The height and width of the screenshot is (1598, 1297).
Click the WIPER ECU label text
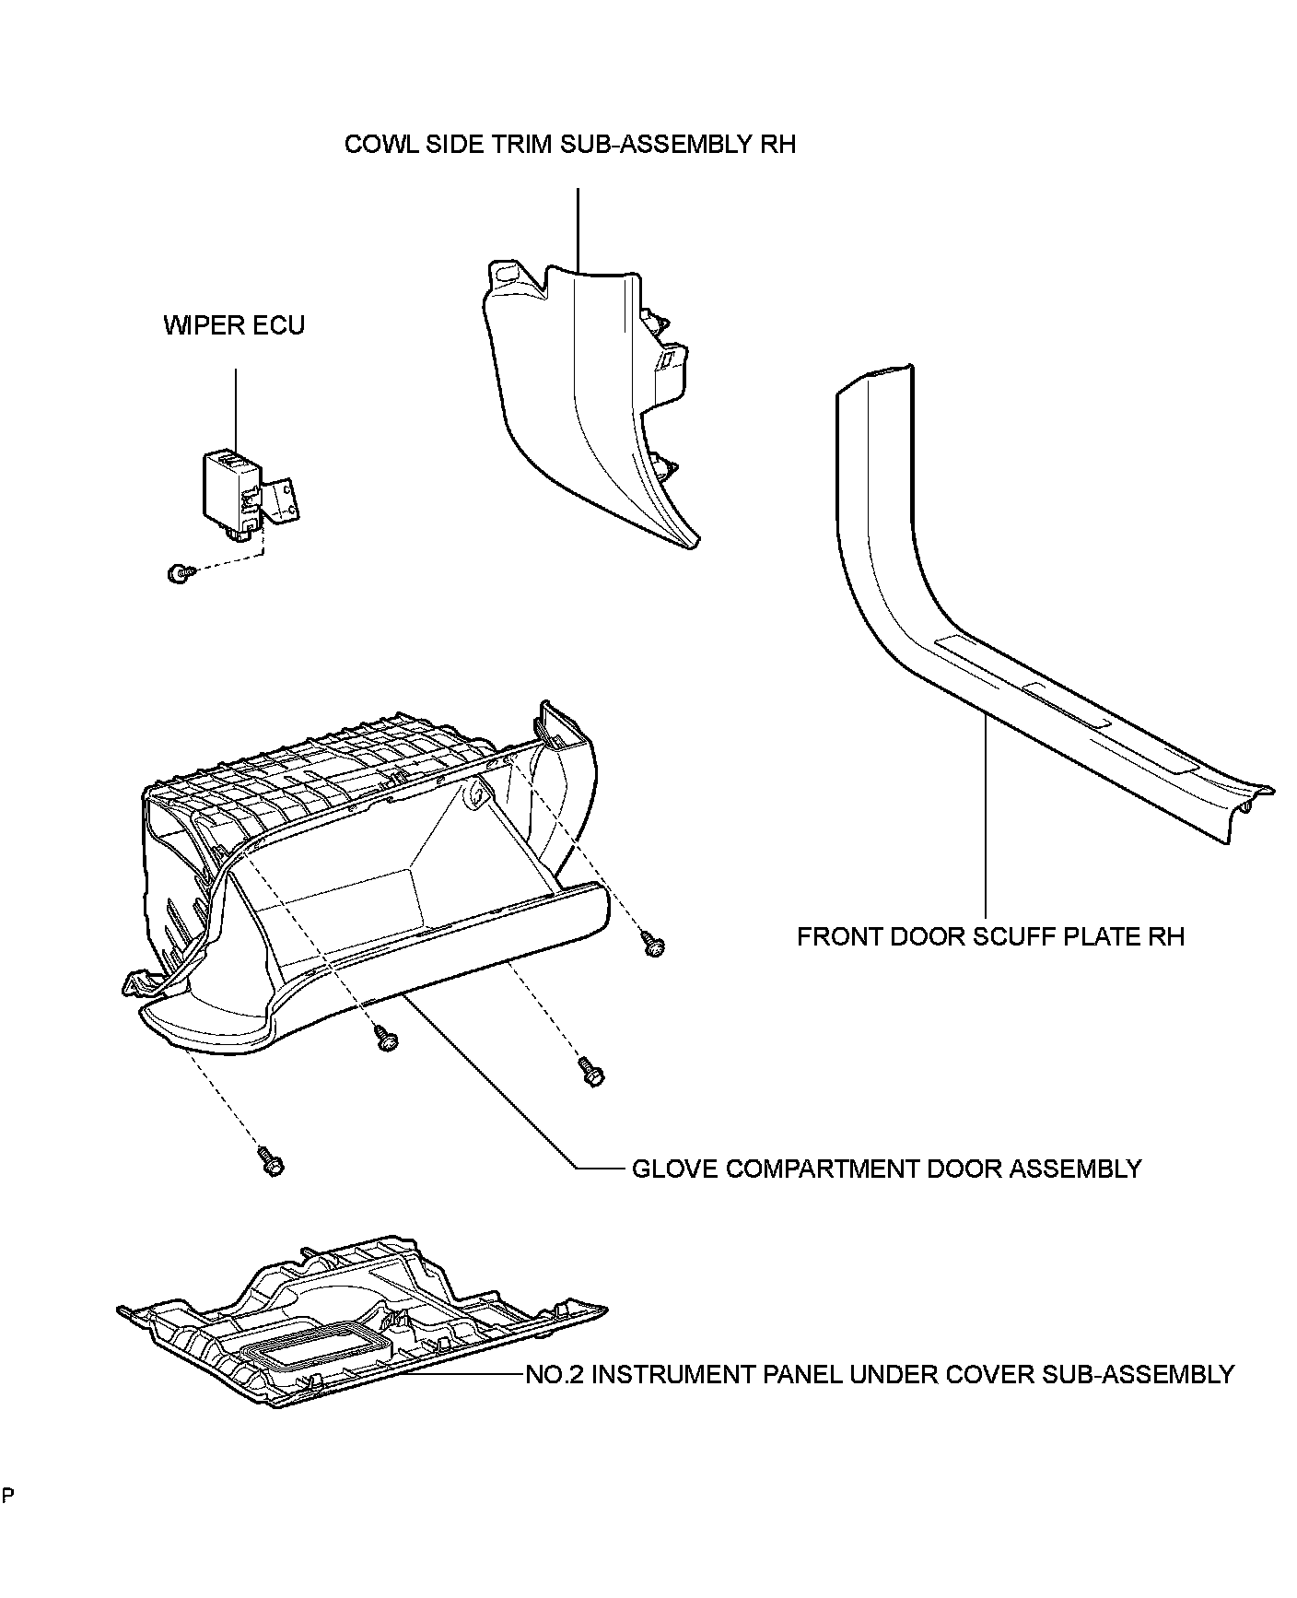tap(234, 325)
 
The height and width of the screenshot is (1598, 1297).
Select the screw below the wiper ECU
tap(177, 574)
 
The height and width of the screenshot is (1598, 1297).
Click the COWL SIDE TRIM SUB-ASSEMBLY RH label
tap(569, 145)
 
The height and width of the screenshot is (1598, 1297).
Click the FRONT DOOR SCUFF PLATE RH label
tap(989, 937)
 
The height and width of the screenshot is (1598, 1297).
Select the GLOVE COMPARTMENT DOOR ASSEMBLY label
tap(885, 1169)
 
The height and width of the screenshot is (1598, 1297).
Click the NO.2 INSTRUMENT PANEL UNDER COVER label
tap(879, 1374)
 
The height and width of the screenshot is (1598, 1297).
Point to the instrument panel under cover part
tap(359, 1327)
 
